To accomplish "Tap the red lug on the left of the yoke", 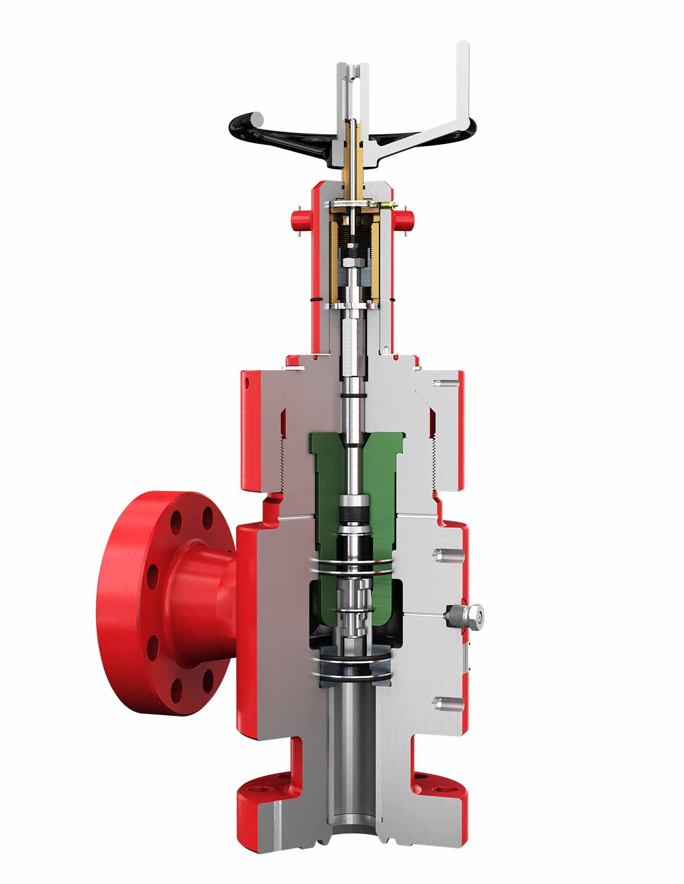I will pyautogui.click(x=299, y=218).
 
